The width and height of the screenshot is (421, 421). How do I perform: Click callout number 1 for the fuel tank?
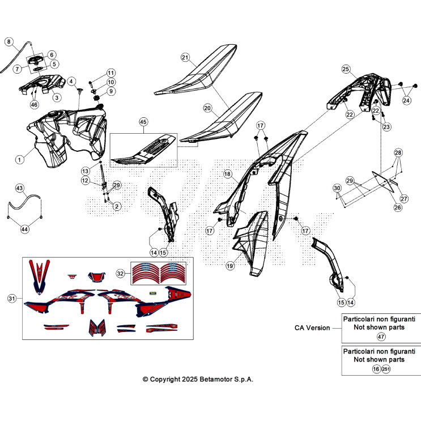pos(19,160)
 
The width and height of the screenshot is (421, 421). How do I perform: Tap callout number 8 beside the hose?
pos(9,41)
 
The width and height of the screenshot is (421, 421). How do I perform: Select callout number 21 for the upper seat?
pos(185,57)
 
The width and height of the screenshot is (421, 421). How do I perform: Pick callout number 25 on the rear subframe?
pos(346,69)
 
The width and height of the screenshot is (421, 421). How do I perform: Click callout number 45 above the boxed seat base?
pos(143,122)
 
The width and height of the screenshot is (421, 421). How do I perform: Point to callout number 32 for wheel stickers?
pos(120,274)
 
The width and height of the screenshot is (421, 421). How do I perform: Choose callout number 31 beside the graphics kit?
pos(12,298)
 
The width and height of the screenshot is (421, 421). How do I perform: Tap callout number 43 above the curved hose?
pos(20,188)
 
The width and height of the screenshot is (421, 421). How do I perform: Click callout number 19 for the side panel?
pos(230,266)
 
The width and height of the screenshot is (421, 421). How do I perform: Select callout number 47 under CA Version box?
pos(381,337)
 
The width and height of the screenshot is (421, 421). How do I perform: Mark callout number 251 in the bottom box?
pos(386,369)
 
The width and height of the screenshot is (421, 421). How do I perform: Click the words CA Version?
pos(312,328)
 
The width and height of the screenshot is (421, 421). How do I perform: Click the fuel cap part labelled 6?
pos(36,61)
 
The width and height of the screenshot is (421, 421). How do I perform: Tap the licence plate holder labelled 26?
pos(383,181)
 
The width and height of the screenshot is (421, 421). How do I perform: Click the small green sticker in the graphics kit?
pos(153,293)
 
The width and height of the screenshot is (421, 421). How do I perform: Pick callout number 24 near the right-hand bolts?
pos(406,101)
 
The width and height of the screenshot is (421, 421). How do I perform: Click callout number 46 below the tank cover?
pos(34,104)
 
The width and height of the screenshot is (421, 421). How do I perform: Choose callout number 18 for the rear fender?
pos(227,174)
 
